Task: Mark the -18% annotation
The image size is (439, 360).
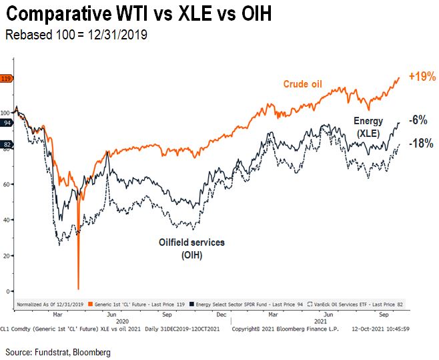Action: coord(420,143)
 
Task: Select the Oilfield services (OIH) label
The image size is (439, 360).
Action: coord(191,248)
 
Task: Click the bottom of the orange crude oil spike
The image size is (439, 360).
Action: coord(79,288)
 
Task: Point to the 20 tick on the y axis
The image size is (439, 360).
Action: coord(7,256)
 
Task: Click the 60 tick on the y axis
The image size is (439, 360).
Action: coord(7,184)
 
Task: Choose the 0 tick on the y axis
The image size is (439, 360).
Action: coord(9,291)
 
